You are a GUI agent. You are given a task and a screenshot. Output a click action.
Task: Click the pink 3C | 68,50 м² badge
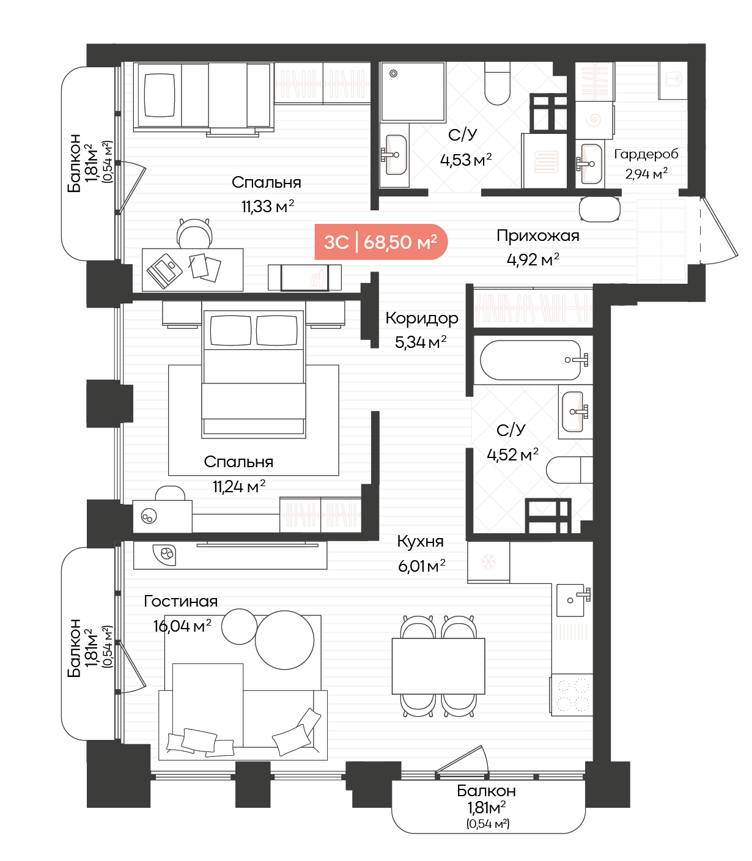tap(381, 242)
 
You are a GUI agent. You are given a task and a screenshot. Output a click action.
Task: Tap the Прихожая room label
tap(537, 235)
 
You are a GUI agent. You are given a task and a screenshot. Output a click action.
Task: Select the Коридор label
tap(421, 319)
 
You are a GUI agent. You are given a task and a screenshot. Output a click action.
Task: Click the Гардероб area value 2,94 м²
tap(646, 174)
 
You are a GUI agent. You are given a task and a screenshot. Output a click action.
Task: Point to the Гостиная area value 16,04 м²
tap(182, 626)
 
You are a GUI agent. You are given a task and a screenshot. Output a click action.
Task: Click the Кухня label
tap(420, 541)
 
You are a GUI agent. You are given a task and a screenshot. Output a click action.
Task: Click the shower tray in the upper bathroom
tap(413, 92)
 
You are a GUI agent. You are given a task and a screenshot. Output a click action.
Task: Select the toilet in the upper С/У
tap(497, 83)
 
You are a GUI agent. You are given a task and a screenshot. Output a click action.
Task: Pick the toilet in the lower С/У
tap(569, 470)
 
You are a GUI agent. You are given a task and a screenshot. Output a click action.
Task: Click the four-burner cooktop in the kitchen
tap(572, 695)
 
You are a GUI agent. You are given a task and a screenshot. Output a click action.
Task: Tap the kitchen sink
tap(572, 600)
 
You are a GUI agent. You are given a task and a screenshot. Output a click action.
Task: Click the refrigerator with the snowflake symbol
tap(488, 562)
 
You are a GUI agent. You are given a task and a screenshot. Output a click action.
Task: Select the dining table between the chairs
tap(438, 666)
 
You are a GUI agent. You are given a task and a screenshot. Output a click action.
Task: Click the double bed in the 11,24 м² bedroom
tap(254, 374)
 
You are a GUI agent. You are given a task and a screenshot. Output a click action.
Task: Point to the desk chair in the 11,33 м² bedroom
tap(194, 234)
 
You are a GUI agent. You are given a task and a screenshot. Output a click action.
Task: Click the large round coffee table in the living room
tap(285, 640)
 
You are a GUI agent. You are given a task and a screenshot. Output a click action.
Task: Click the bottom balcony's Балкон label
tap(486, 791)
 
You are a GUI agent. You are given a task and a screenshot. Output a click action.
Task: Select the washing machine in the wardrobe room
tap(594, 120)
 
